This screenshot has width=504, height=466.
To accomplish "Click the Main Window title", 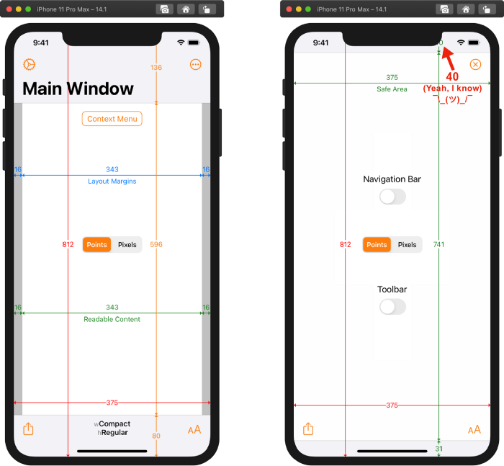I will pyautogui.click(x=78, y=89).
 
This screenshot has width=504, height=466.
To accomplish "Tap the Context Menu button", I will pyautogui.click(x=112, y=119).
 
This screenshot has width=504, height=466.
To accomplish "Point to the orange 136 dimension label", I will pyautogui.click(x=156, y=68).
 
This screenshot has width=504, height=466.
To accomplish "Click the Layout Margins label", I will pyautogui.click(x=112, y=182).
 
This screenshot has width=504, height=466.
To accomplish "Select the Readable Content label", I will pyautogui.click(x=112, y=319).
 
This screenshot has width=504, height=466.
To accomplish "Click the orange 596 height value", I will pyautogui.click(x=156, y=245).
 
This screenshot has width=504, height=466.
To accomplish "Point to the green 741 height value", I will pyautogui.click(x=439, y=245).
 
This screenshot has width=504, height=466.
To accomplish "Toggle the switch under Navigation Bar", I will pyautogui.click(x=392, y=197).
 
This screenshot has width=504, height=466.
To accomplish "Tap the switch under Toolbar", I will pyautogui.click(x=392, y=307).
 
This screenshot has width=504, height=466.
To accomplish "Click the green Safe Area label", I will pyautogui.click(x=392, y=89).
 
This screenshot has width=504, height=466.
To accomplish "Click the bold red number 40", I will pyautogui.click(x=452, y=77).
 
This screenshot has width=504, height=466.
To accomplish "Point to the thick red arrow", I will pyautogui.click(x=447, y=56).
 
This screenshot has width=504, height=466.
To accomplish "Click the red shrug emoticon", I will pyautogui.click(x=452, y=99).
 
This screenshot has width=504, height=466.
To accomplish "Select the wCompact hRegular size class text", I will pyautogui.click(x=112, y=429).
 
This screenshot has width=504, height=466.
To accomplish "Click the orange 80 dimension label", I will pyautogui.click(x=156, y=436).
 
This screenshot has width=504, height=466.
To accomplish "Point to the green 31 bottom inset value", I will pyautogui.click(x=439, y=449).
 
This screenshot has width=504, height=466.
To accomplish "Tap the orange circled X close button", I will pyautogui.click(x=475, y=65).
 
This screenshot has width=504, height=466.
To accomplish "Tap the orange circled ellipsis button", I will pyautogui.click(x=196, y=65).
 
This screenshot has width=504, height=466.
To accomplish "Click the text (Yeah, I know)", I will pyautogui.click(x=452, y=88).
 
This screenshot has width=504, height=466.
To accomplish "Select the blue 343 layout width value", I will pyautogui.click(x=112, y=171).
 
